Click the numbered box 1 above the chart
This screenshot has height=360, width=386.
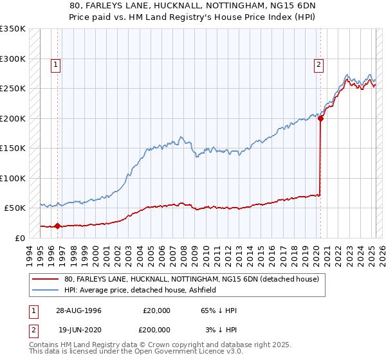(x=57, y=64)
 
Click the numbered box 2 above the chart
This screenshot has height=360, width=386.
(x=319, y=64)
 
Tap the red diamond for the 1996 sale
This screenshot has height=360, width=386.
(x=57, y=226)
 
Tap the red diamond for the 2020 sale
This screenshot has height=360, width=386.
(x=320, y=118)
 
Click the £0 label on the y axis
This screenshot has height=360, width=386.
(x=20, y=238)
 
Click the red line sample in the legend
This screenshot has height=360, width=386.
(x=46, y=280)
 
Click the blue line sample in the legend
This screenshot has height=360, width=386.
(x=46, y=291)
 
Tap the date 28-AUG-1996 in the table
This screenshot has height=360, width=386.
(x=76, y=310)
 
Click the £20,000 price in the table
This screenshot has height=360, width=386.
(x=156, y=310)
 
